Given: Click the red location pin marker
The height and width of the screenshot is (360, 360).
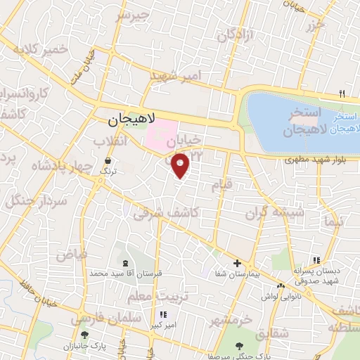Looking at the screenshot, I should (x=181, y=165).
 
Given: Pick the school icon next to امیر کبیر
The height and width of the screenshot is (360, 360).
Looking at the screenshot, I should (x=165, y=315).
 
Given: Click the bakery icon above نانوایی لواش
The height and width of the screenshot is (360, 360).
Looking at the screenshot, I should (x=281, y=287).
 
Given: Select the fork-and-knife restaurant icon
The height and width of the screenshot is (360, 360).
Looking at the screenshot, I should (x=342, y=94).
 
